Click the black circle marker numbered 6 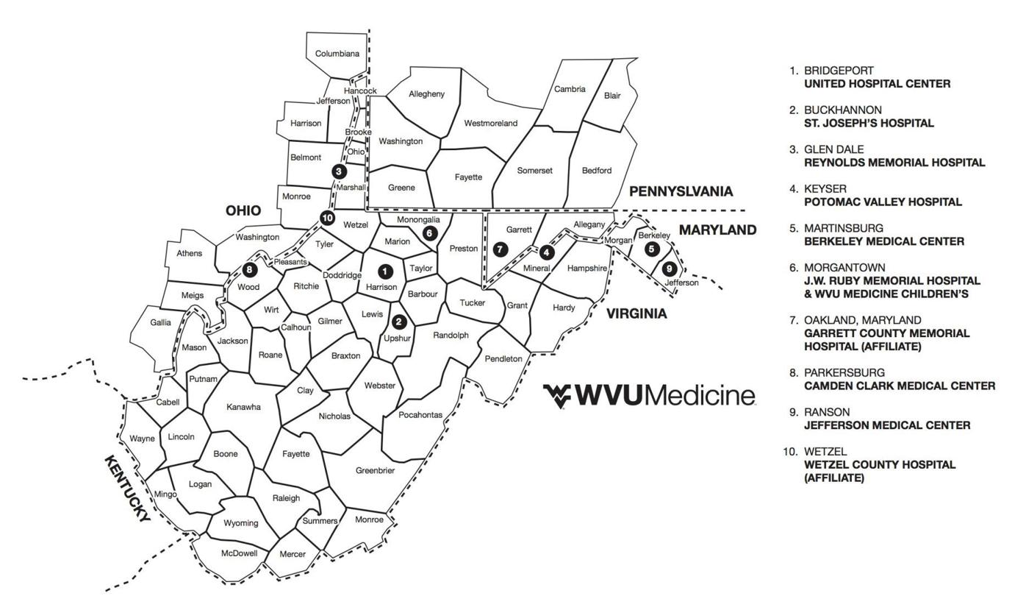[430, 233]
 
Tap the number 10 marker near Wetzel [327, 218]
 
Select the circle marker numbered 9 [669, 269]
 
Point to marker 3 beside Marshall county [338, 171]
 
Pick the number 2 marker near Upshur [399, 322]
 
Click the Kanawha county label [243, 407]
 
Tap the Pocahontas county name [420, 415]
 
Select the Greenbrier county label [375, 470]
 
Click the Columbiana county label [337, 54]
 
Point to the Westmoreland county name [491, 124]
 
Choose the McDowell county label [240, 553]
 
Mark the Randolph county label [451, 336]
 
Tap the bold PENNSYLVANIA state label [681, 191]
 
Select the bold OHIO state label [243, 210]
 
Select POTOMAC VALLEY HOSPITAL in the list [883, 202]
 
